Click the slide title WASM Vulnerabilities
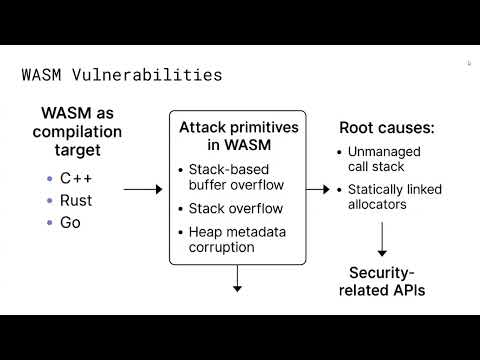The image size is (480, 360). (122, 74)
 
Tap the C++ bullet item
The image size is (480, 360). (76, 178)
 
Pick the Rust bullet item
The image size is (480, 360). (76, 200)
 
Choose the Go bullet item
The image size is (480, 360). (70, 222)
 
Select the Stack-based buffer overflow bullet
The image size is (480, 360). (236, 176)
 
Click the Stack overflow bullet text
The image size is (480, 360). (236, 209)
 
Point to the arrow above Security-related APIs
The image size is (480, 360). (381, 240)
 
